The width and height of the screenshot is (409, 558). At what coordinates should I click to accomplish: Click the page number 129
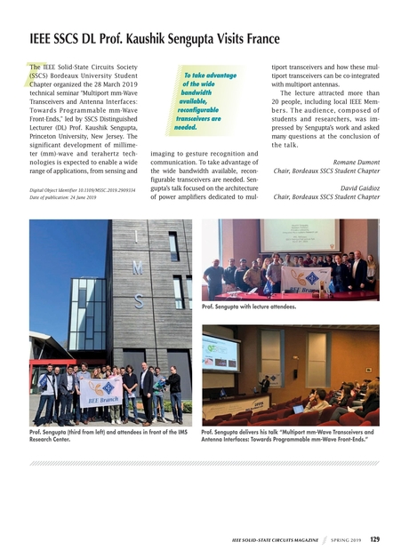click(374, 538)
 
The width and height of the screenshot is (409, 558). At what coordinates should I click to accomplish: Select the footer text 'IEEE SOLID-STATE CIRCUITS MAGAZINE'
click(270, 539)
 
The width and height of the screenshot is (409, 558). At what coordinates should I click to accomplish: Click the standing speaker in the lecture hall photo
click(264, 384)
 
